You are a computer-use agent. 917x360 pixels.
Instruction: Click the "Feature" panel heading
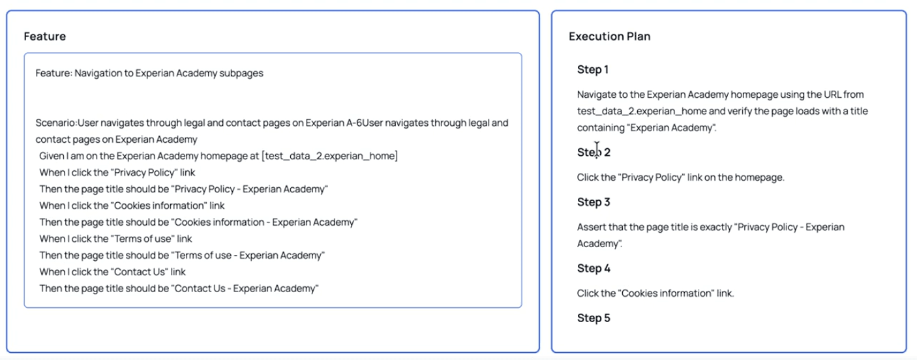pos(45,37)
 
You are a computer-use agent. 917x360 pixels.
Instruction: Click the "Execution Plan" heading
pos(609,37)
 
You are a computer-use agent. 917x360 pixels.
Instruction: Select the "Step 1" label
pos(593,70)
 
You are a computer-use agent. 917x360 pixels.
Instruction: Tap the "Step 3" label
pos(594,202)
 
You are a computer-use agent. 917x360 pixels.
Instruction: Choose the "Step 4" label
pos(594,269)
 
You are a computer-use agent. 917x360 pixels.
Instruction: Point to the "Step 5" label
pos(594,318)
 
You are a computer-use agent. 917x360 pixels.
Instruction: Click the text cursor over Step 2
pos(596,149)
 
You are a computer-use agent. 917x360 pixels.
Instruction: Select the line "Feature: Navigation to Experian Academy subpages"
pos(149,73)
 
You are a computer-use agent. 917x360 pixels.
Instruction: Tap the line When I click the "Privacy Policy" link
pos(117,173)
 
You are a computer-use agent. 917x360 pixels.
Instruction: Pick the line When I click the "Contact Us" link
pos(112,272)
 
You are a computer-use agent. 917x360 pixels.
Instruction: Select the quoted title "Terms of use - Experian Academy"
pos(248,256)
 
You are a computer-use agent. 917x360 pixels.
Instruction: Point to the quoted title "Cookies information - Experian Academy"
pos(264,222)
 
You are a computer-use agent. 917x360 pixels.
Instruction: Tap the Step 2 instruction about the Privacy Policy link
pos(680,177)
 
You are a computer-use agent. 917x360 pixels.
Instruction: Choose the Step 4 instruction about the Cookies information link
pos(655,293)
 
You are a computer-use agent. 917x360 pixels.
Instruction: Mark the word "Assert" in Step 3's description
pos(592,228)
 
